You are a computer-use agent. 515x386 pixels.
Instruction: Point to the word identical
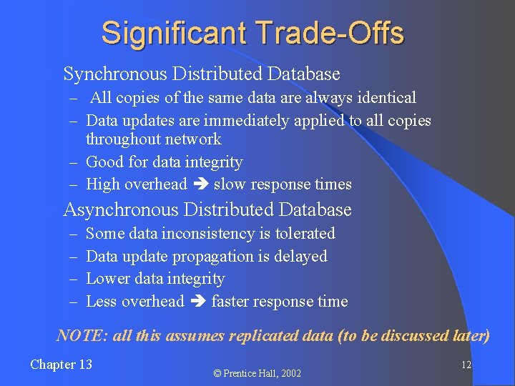pos(387,97)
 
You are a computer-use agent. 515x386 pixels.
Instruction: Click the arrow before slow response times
pos(200,184)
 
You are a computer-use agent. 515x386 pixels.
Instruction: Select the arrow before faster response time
pos(197,302)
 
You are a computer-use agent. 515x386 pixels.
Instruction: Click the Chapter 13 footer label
pos(61,365)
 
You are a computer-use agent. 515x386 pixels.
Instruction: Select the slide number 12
pos(466,365)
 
